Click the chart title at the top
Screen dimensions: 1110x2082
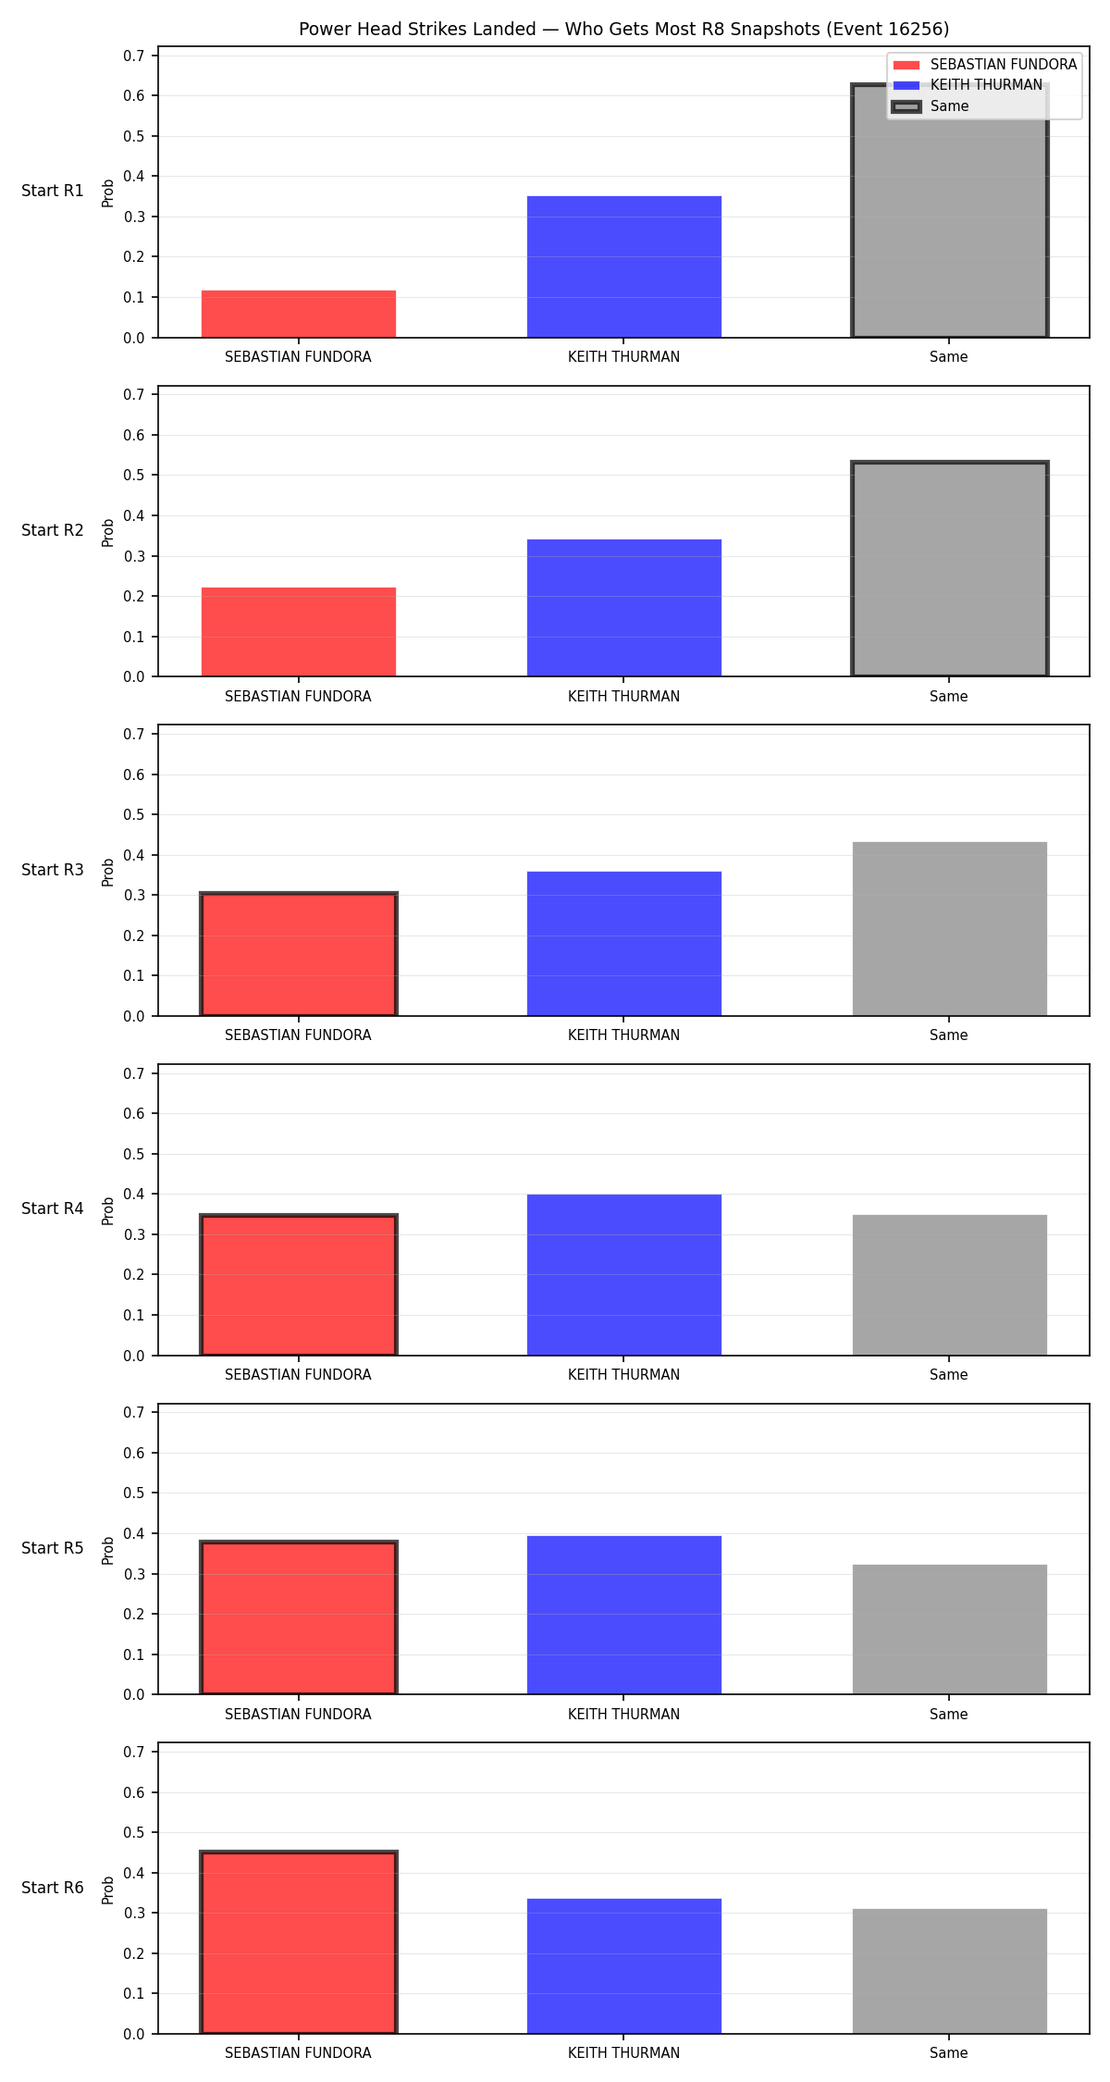[x=623, y=29]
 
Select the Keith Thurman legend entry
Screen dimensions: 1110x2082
[x=967, y=85]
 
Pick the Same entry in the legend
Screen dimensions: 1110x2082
[x=931, y=106]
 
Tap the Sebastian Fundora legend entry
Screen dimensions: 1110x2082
[x=984, y=65]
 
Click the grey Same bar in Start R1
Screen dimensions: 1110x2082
[x=950, y=211]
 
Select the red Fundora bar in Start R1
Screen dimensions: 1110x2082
[x=299, y=314]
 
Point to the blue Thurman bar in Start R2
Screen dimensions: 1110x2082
[x=624, y=608]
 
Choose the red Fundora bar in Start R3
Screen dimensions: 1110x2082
[x=299, y=954]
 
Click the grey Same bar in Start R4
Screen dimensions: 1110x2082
[x=950, y=1285]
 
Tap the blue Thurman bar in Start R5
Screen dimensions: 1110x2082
[x=624, y=1615]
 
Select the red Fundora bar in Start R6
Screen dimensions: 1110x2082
[x=299, y=1942]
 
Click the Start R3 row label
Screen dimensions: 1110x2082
[x=53, y=870]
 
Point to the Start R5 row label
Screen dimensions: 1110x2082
[x=53, y=1548]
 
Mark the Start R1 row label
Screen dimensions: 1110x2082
[x=53, y=191]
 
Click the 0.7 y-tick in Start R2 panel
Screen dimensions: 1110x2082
[x=134, y=394]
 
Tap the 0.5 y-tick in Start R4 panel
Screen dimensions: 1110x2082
[x=134, y=1154]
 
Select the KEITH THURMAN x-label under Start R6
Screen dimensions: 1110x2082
[x=623, y=2052]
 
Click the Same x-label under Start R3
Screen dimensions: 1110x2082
[x=949, y=1035]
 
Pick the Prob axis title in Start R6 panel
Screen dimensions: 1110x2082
[x=108, y=1890]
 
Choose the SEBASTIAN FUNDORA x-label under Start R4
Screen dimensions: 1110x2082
[x=298, y=1374]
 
